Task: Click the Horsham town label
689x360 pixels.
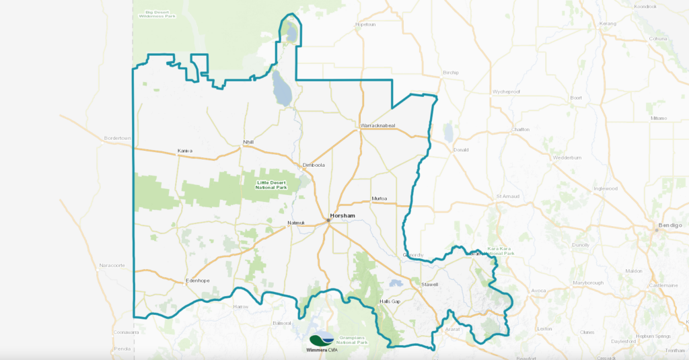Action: [343, 216]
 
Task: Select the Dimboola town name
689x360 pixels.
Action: [314, 165]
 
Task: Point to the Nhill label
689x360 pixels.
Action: [250, 143]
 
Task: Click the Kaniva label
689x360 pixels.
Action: [185, 151]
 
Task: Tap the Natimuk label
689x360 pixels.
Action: [296, 222]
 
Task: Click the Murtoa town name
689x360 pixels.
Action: [380, 199]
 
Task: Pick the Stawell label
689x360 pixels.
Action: [429, 285]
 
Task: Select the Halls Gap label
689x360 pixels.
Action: [390, 301]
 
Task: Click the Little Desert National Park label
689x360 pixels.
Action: [271, 184]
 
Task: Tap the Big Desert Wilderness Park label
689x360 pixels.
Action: [156, 13]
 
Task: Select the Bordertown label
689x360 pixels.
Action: [116, 139]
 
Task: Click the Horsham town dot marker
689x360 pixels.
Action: [328, 219]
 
